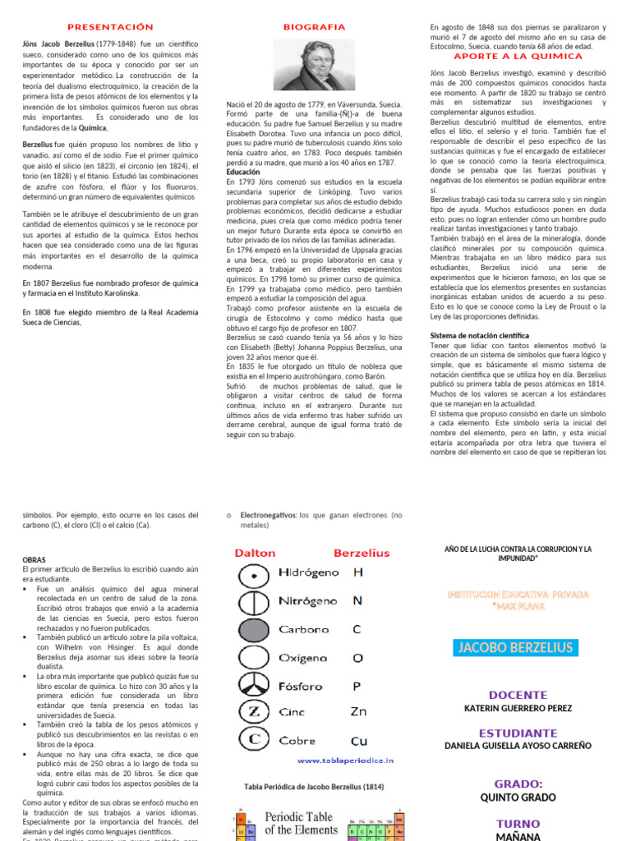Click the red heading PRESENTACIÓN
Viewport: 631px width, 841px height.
(x=110, y=27)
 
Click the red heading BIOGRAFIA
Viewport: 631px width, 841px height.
(x=315, y=27)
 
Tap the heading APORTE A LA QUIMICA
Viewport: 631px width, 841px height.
(x=518, y=57)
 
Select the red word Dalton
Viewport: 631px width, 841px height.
(x=255, y=553)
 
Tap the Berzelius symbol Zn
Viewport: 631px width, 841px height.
(x=358, y=711)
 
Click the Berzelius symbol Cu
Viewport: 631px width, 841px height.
(x=359, y=740)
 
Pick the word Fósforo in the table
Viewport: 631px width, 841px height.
(x=300, y=687)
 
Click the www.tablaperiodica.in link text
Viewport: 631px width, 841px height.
(x=345, y=761)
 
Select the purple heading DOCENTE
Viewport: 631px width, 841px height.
(x=517, y=695)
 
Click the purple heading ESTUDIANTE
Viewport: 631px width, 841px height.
(x=517, y=733)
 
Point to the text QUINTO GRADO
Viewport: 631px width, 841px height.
(x=517, y=797)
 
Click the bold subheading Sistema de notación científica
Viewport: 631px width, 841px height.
(x=480, y=336)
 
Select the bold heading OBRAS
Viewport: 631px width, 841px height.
(x=34, y=559)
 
